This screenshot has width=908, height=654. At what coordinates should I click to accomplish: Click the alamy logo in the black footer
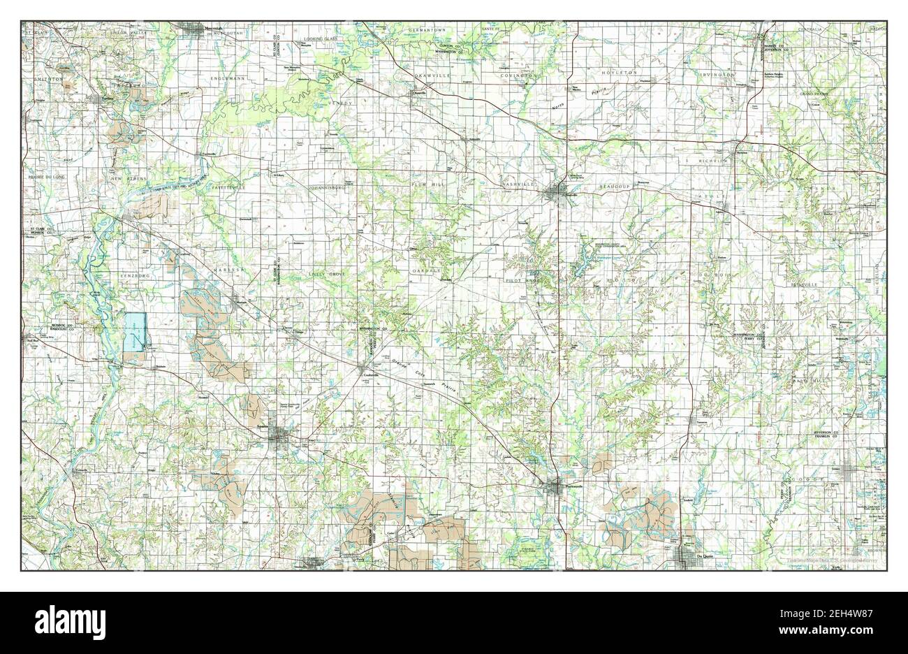(x=63, y=620)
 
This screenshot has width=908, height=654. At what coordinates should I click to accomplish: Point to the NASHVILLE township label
(x=518, y=184)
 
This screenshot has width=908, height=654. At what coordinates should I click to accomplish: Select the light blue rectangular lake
(x=136, y=331)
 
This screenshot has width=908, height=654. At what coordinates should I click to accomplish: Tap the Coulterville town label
(x=370, y=375)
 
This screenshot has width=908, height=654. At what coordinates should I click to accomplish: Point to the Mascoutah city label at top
(x=208, y=28)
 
